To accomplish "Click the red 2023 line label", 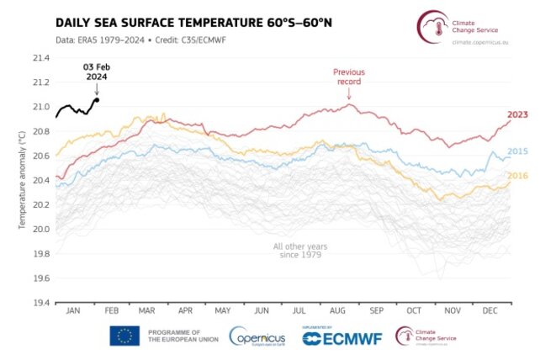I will click(518, 114).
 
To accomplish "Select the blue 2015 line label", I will click(518, 150).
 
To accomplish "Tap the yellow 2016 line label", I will click(518, 175).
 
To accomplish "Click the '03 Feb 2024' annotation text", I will click(95, 71).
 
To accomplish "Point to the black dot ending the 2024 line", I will click(97, 99).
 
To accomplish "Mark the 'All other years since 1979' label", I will click(299, 251).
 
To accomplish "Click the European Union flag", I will click(124, 336).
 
